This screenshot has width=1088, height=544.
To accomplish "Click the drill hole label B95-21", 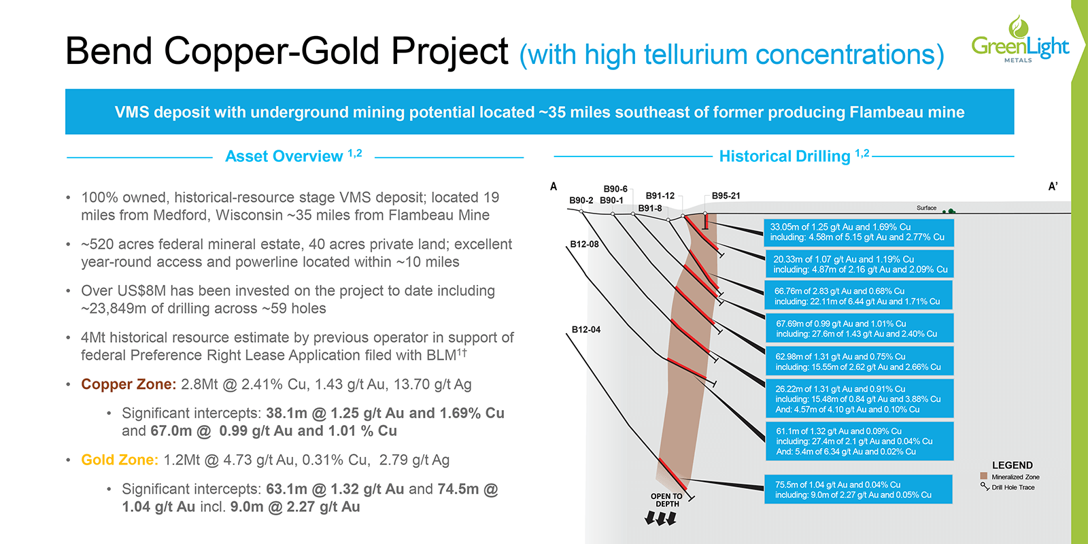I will tap(726, 196).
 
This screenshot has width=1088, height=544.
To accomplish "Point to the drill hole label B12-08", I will tap(584, 244).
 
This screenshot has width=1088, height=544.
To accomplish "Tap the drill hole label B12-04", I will tap(585, 330).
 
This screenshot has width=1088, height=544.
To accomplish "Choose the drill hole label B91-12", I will tap(660, 196).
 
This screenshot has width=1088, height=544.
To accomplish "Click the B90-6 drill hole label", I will tap(615, 189).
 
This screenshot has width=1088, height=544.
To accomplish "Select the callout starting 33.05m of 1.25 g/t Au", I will tap(859, 232).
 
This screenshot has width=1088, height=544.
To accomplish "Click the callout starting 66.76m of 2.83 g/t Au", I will tap(859, 296).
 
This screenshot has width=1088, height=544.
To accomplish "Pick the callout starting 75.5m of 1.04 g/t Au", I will tap(858, 490).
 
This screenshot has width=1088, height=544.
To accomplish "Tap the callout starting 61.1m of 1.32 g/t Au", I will tap(859, 441).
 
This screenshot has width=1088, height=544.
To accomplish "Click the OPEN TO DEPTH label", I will tap(666, 500).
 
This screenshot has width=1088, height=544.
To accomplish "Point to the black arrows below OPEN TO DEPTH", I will tap(660, 519).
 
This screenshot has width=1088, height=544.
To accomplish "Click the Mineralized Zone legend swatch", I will tap(983, 477).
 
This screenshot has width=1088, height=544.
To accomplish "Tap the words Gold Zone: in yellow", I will tap(120, 460).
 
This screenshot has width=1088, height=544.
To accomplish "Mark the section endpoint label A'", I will tap(1053, 186).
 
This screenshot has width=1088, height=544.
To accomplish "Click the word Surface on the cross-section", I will tap(926, 208).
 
